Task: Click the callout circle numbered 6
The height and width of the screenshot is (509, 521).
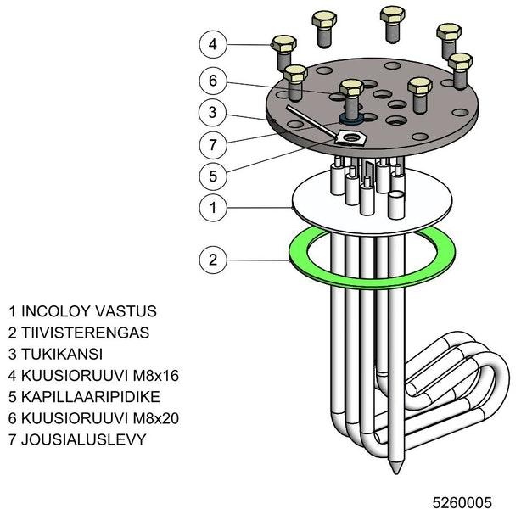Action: pos(213,81)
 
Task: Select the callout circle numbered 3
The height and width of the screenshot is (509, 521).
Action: pos(213,111)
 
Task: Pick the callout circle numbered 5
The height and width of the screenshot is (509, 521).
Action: pos(213,176)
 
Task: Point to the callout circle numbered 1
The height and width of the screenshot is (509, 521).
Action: pos(213,206)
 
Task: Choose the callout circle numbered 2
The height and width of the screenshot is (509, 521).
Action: pos(213,258)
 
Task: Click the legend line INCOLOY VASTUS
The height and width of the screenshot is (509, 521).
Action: pos(82,311)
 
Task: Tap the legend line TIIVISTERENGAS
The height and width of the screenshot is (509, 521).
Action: pos(78,333)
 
